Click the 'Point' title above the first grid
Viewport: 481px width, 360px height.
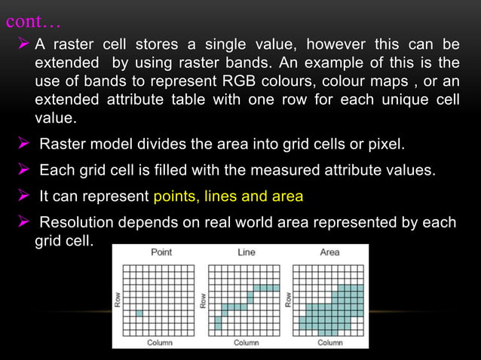[x=161, y=252]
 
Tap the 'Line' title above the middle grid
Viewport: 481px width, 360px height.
[x=246, y=252]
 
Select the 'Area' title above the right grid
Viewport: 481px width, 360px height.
[x=329, y=252]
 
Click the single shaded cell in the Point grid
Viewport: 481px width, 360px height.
[x=139, y=313]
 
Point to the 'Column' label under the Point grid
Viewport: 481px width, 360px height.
[x=160, y=342]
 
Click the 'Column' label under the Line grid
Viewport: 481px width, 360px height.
[x=246, y=342]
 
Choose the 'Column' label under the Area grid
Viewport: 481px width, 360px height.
[x=330, y=342]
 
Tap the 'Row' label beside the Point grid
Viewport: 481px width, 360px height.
[x=118, y=300]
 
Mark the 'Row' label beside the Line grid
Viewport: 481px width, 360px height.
[x=203, y=300]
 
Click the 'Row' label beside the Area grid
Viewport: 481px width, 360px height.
[x=287, y=300]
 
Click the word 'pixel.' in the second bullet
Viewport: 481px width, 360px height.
[x=385, y=144]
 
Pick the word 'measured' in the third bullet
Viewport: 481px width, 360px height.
[x=258, y=170]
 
